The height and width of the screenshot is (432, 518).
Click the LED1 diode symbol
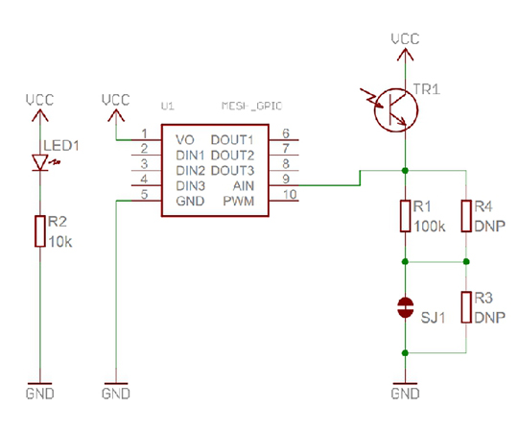40,162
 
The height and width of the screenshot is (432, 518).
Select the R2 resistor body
40,231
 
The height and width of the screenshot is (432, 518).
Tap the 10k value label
60,242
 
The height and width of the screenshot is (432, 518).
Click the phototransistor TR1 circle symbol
396,110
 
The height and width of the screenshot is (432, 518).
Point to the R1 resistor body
406,216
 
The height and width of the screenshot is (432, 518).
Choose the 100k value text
430,227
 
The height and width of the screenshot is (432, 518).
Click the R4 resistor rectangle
466,216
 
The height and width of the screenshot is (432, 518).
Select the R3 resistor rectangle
466,307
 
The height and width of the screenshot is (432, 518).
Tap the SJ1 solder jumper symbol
406,307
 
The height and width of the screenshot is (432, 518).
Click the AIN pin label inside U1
244,186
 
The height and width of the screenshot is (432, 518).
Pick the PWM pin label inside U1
239,202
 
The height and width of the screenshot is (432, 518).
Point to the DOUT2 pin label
232,156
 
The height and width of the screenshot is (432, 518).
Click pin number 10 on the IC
290,194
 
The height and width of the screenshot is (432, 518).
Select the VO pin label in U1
185,140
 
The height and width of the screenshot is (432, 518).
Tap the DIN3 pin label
191,186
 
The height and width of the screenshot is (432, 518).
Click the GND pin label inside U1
190,202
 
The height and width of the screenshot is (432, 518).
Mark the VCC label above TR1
406,39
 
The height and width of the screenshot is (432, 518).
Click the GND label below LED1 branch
40,394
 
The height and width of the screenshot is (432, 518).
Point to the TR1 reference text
427,89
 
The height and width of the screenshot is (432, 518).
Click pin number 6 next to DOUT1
286,133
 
